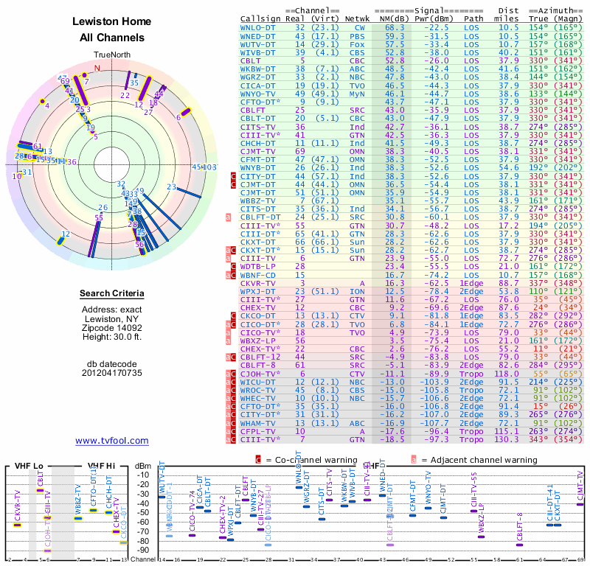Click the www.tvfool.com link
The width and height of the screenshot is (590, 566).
(x=112, y=441)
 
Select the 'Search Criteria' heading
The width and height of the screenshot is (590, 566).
(x=112, y=294)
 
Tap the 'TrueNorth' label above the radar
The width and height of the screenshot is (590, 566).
(x=111, y=55)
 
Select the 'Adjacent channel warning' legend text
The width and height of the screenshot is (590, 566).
(x=474, y=460)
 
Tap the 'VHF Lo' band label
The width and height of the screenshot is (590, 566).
(x=28, y=466)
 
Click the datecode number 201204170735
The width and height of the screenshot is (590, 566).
(x=112, y=372)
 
